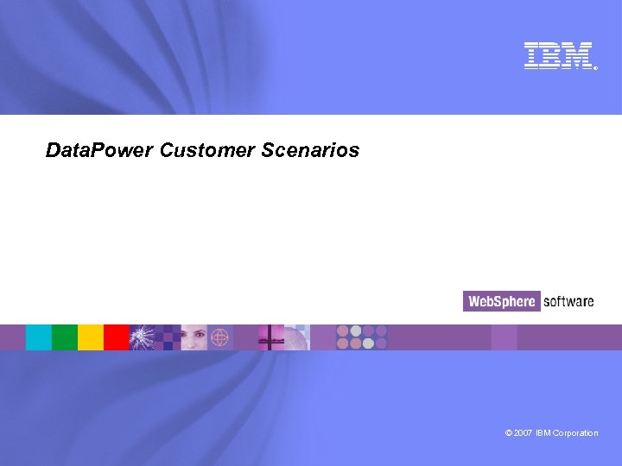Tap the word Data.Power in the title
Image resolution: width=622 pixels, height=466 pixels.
[x=99, y=151]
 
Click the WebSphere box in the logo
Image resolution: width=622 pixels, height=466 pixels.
[x=502, y=301]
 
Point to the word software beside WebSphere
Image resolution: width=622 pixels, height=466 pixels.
[x=568, y=301]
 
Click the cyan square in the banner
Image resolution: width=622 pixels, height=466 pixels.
[x=39, y=337]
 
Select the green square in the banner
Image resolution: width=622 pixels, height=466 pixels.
[x=65, y=337]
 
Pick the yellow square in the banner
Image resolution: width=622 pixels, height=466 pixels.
[x=91, y=337]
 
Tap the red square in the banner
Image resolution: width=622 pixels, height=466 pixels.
[x=117, y=337]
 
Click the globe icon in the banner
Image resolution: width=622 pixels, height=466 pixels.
[x=219, y=337]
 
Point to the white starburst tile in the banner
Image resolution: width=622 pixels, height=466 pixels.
[x=143, y=337]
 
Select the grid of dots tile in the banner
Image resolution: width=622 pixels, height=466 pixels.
[x=361, y=337]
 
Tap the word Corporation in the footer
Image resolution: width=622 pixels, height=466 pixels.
[x=577, y=433]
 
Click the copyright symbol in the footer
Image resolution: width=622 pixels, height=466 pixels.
[x=509, y=433]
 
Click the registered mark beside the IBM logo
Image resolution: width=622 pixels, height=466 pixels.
[x=595, y=66]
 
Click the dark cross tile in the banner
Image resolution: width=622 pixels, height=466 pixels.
[x=271, y=337]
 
